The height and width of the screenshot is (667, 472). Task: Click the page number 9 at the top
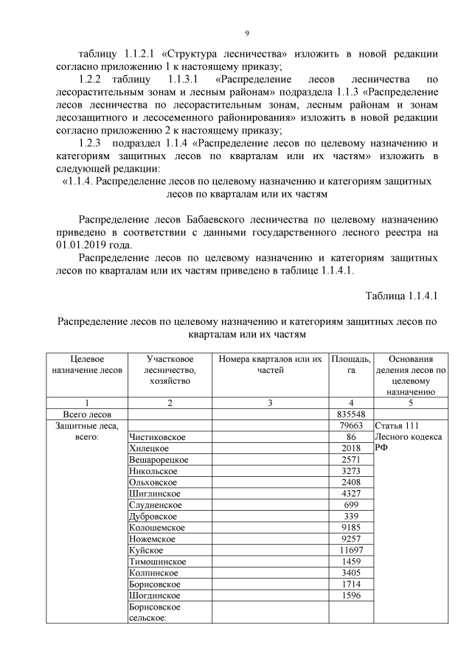point(246,32)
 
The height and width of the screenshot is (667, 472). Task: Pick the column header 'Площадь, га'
point(351,364)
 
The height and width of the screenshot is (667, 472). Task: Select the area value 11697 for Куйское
point(351,550)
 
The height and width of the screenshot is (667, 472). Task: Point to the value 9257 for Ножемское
point(351,539)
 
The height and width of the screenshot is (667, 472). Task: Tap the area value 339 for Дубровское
point(351,516)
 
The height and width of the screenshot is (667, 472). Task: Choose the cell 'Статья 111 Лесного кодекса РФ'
point(409,437)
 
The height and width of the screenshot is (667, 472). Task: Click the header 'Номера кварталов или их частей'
point(270,364)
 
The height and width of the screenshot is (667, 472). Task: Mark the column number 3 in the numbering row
point(270,403)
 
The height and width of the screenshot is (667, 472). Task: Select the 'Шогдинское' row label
point(153,595)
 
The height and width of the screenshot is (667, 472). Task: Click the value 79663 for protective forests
point(351,426)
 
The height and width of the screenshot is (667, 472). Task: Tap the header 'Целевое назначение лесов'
point(87,364)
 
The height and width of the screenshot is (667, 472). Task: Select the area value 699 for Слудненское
point(351,505)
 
